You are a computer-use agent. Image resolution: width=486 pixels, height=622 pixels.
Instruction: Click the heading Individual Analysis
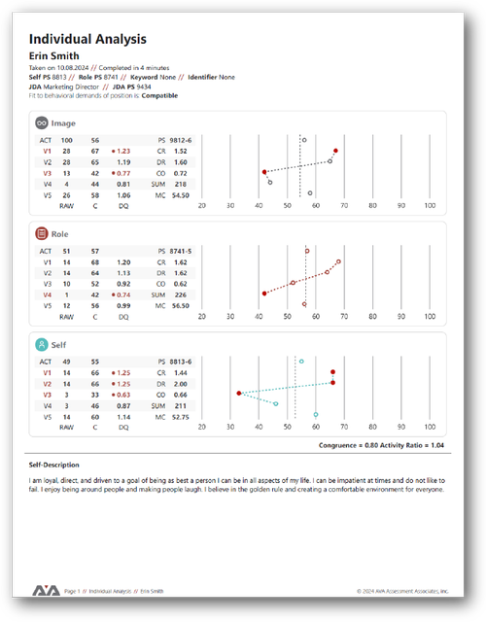tap(87, 39)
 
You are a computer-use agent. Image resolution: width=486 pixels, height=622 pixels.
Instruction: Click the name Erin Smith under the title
tap(53, 56)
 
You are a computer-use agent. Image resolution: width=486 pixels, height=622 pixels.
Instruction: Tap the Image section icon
tap(41, 123)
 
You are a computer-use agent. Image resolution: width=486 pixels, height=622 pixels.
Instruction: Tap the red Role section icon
tap(41, 233)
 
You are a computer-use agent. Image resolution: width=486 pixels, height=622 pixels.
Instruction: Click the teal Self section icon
tap(41, 344)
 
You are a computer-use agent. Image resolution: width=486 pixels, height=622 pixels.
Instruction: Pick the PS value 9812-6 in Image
tap(181, 140)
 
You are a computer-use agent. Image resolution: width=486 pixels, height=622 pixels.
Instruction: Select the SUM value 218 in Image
tap(180, 183)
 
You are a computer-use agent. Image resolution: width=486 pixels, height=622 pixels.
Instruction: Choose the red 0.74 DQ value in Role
tap(123, 294)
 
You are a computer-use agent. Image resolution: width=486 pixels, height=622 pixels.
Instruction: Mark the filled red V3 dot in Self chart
tap(239, 394)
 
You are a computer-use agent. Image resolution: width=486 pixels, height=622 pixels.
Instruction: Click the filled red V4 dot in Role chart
tap(264, 293)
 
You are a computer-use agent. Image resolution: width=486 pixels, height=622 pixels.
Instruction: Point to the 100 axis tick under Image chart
tap(431, 205)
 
